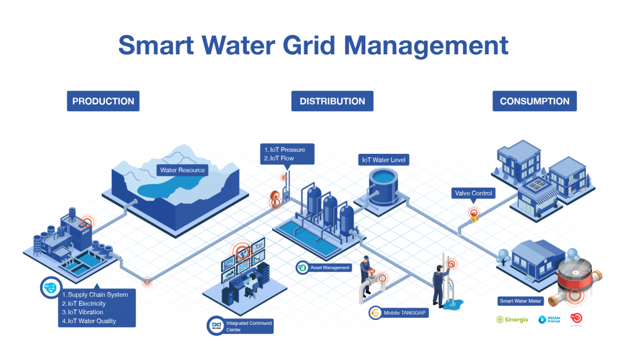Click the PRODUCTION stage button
[x=103, y=101]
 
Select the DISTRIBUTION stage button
[x=332, y=101]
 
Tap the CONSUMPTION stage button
[x=534, y=101]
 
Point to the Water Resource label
[x=181, y=170]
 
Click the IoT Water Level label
[x=383, y=160]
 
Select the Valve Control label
[x=473, y=193]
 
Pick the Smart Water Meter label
[x=520, y=301]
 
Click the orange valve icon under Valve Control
[x=473, y=213]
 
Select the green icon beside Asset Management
[x=302, y=267]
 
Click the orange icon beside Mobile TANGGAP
[x=375, y=312]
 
